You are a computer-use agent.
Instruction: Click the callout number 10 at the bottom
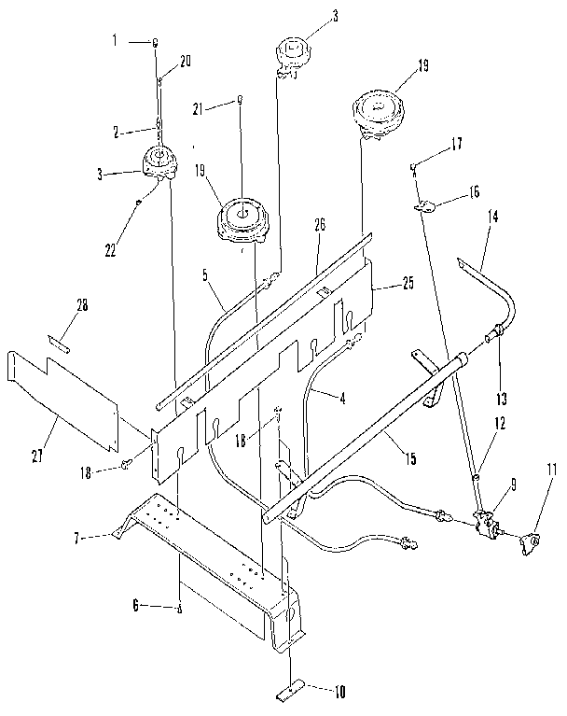coord(338,692)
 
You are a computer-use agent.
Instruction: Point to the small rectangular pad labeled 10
coord(290,694)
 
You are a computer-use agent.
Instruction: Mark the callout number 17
coord(457,146)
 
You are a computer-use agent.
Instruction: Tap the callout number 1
coord(116,42)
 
